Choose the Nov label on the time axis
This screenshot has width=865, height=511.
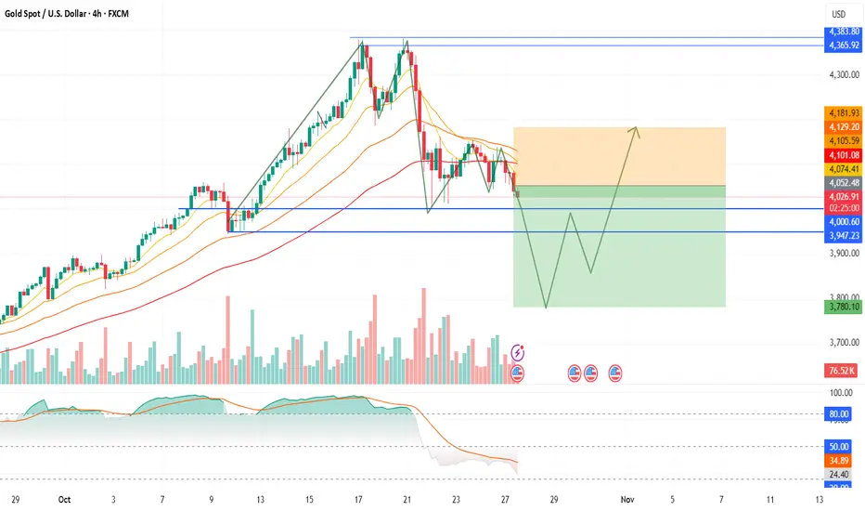pyautogui.click(x=627, y=499)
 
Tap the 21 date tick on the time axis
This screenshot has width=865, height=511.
pyautogui.click(x=407, y=499)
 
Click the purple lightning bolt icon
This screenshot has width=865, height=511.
pyautogui.click(x=517, y=352)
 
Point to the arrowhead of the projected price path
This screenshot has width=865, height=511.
pyautogui.click(x=638, y=129)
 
